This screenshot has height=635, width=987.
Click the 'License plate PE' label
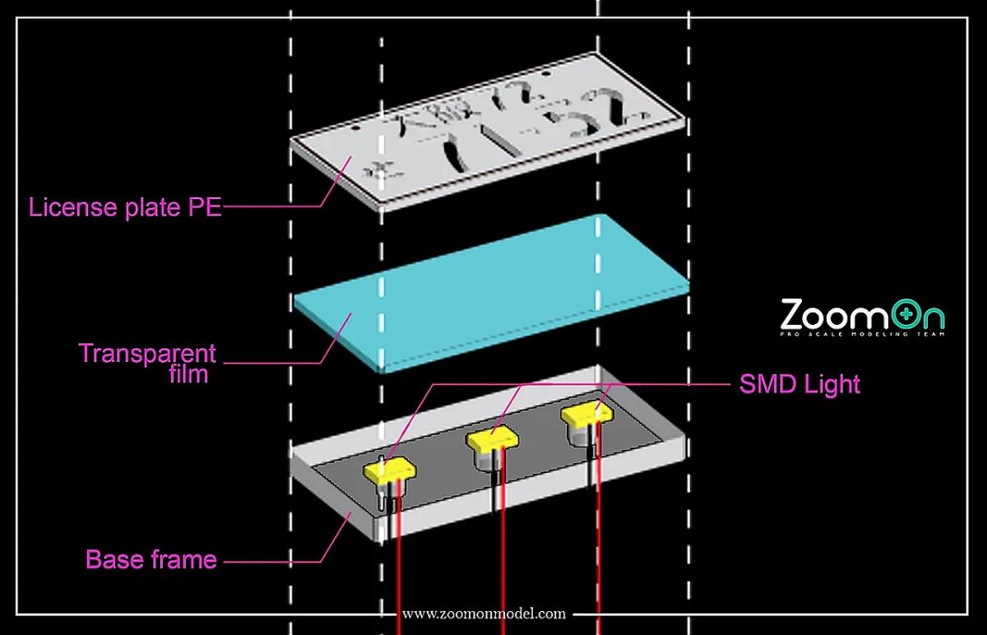click(125, 207)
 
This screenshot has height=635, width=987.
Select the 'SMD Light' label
click(799, 384)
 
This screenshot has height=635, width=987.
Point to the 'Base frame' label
click(151, 560)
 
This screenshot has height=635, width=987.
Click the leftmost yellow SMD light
click(389, 471)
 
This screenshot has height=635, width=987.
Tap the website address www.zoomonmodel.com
click(484, 614)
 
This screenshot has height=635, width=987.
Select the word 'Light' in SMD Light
click(831, 384)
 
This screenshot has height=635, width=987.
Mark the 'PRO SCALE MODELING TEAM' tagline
click(862, 333)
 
